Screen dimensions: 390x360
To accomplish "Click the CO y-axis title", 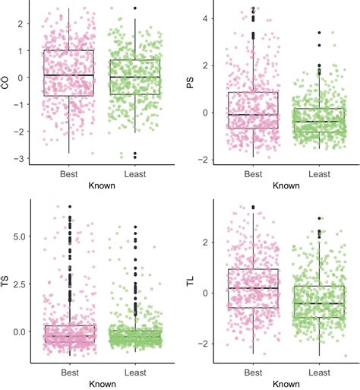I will point(6,82).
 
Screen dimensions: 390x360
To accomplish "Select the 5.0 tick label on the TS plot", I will point(20,236).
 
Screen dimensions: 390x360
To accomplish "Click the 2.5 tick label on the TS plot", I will point(20,284).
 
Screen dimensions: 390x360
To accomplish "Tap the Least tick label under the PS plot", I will point(319,173).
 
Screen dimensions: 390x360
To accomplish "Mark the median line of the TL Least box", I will point(319,303).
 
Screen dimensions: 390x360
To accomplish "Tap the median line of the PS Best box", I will point(253,115).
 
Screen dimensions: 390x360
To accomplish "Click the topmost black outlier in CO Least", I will point(134,8).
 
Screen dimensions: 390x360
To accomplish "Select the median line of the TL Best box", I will point(253,288).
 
